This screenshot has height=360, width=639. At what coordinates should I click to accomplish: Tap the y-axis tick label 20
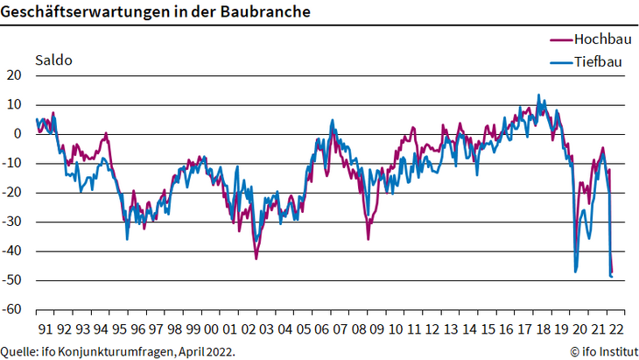(x=13, y=75)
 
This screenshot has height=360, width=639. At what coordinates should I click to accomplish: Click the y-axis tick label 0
(x=17, y=134)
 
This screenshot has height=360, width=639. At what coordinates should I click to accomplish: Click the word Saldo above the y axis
(x=53, y=61)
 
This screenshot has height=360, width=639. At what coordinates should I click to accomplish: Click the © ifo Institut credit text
(x=602, y=351)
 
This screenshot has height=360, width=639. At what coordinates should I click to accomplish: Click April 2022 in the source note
(x=206, y=351)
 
